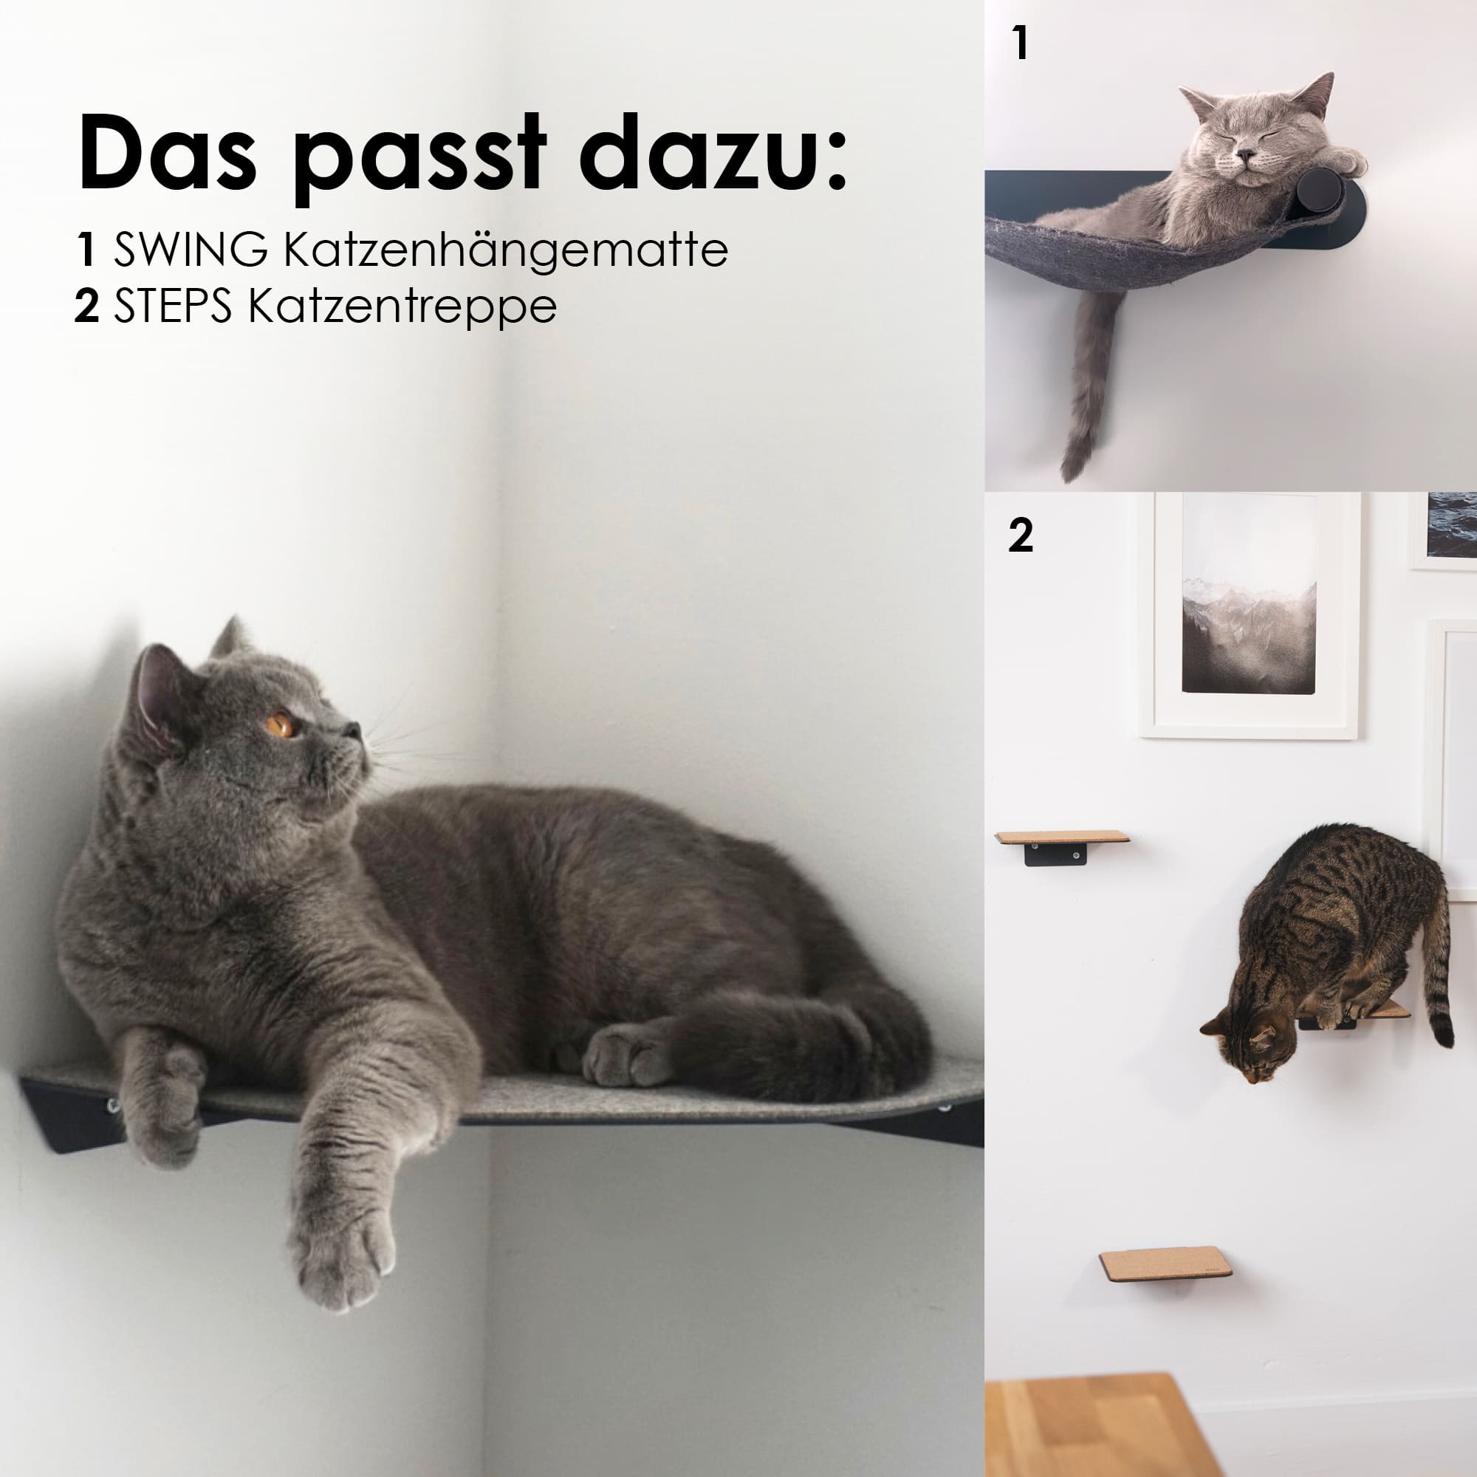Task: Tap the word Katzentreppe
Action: click(402, 308)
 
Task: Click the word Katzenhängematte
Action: click(505, 251)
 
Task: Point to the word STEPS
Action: click(173, 306)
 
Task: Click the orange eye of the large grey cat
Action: click(282, 723)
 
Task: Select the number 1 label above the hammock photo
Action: click(1020, 44)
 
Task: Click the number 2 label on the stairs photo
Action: click(1021, 535)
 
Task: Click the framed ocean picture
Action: click(1443, 530)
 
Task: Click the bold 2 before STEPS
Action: click(87, 306)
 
